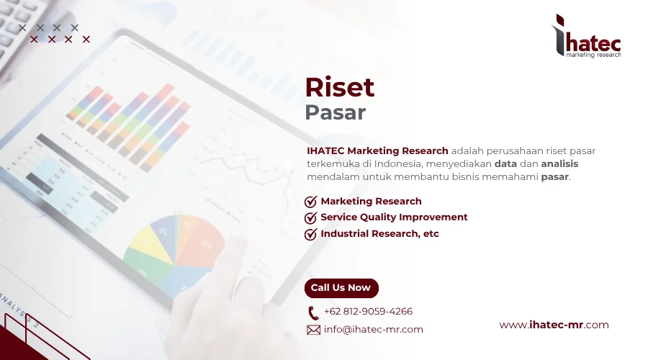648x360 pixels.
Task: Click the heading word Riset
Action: click(340, 87)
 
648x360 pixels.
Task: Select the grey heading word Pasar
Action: click(335, 113)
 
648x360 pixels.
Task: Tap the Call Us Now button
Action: click(341, 288)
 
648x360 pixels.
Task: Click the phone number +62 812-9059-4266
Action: click(368, 312)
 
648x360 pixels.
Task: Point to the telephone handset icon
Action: click(313, 312)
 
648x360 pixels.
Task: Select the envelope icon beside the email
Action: click(313, 330)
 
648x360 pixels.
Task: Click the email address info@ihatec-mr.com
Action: click(373, 330)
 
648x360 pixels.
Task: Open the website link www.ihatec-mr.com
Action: click(554, 325)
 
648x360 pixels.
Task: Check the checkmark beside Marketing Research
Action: click(311, 202)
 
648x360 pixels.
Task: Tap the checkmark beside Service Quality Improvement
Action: click(311, 217)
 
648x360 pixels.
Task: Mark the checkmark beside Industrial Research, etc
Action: click(311, 234)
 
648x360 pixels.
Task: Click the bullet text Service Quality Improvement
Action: click(394, 217)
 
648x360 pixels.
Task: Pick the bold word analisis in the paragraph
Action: click(559, 163)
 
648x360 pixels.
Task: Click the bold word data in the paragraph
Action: click(505, 163)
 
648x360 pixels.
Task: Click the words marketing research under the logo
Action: click(593, 55)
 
